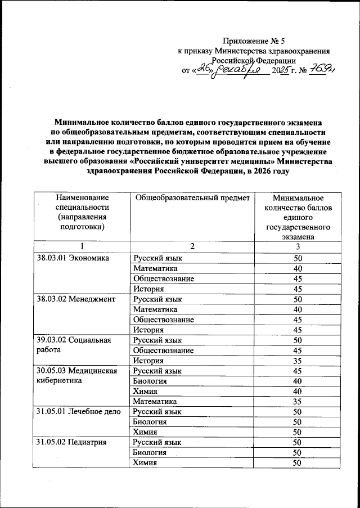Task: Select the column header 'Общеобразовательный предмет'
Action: pyautogui.click(x=193, y=197)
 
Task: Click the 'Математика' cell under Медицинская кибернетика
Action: pyautogui.click(x=155, y=402)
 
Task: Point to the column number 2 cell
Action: pyautogui.click(x=192, y=247)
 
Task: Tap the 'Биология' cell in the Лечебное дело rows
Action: pyautogui.click(x=150, y=422)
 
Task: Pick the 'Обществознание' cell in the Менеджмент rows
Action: pyautogui.click(x=164, y=320)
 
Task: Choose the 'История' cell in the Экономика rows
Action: pyautogui.click(x=148, y=289)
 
